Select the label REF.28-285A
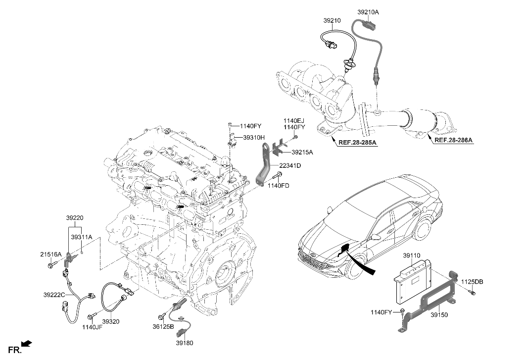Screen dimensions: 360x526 pyautogui.click(x=357, y=143)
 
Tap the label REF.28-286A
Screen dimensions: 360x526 pyautogui.click(x=454, y=140)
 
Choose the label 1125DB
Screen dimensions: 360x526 pyautogui.click(x=472, y=282)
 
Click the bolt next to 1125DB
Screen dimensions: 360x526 pyautogui.click(x=472, y=294)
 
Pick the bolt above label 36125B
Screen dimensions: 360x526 pyautogui.click(x=162, y=316)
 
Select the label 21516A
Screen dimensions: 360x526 pyautogui.click(x=50, y=255)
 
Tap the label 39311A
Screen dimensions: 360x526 pyautogui.click(x=81, y=237)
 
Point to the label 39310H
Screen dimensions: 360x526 pyautogui.click(x=253, y=137)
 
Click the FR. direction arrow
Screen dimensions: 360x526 pyautogui.click(x=28, y=343)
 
